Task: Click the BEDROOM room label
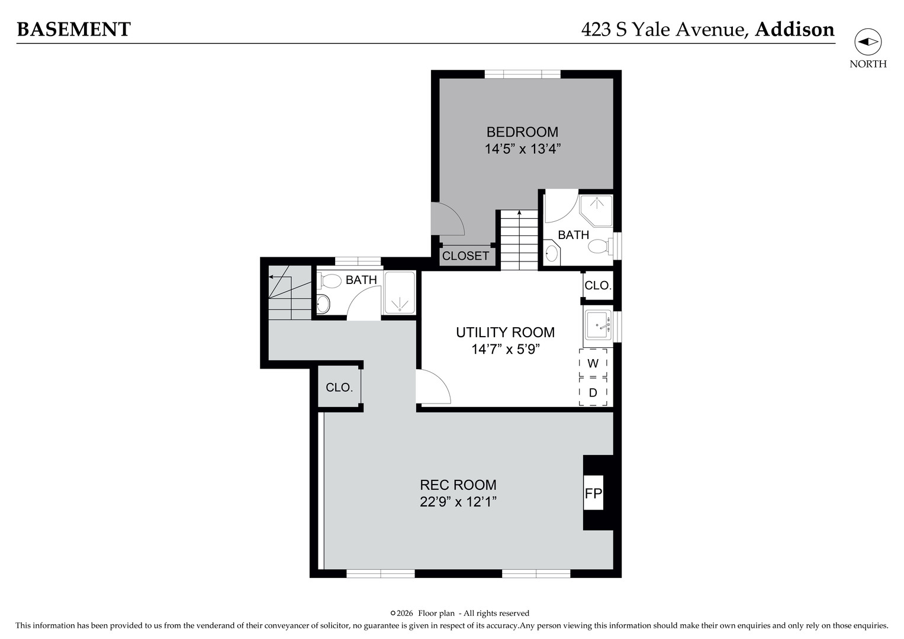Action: click(522, 132)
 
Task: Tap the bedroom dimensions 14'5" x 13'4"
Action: click(522, 149)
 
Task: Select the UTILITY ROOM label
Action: click(505, 333)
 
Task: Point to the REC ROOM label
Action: click(458, 485)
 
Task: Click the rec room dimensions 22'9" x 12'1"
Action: click(458, 502)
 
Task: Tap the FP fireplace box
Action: click(593, 493)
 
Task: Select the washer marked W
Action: click(593, 363)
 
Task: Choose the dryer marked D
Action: click(593, 392)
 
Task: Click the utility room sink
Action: click(598, 325)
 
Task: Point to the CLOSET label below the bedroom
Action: click(465, 256)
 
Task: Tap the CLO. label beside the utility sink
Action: click(597, 286)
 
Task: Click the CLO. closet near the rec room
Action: click(339, 388)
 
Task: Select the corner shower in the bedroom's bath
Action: click(597, 210)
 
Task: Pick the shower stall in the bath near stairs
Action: click(400, 293)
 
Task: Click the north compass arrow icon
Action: click(868, 42)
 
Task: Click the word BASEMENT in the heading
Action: click(73, 29)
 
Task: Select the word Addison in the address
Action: click(794, 29)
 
